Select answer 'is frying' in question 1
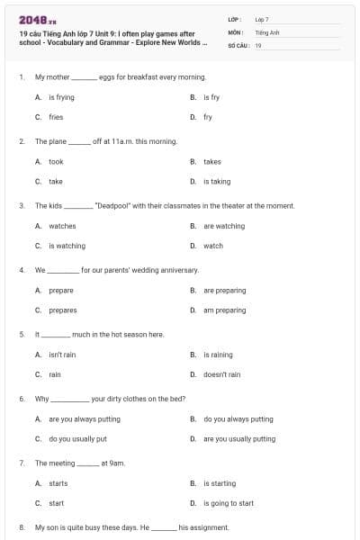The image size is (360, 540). coord(61,96)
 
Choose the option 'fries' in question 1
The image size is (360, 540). coord(56,117)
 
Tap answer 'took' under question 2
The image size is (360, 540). coord(56,161)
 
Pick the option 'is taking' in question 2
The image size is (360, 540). coord(217,182)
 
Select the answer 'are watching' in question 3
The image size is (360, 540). coord(223,226)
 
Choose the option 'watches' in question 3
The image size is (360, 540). coord(62,226)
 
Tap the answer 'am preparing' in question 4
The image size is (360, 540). coord(224,310)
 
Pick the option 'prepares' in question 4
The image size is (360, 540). coord(62,310)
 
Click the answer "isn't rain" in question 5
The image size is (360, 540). coord(62,355)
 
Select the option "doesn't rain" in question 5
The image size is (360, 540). coord(221,374)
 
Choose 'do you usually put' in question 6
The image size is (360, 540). coord(77,439)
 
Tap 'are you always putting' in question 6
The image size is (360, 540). coord(84,418)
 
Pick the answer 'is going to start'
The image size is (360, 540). coord(228,503)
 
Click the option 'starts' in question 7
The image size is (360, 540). coord(58,483)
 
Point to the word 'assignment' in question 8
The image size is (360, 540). coord(211,527)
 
